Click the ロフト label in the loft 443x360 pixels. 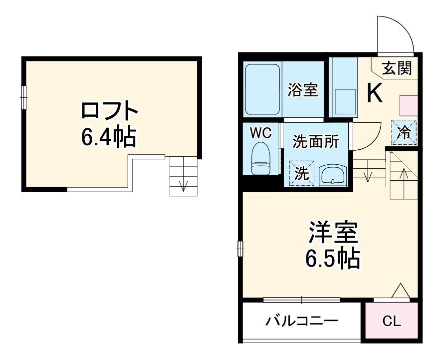click(x=109, y=111)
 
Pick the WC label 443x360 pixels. click(x=260, y=133)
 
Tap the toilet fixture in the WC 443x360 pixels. click(x=260, y=159)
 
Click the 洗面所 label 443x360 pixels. click(x=316, y=142)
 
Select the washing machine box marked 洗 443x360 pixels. click(x=301, y=173)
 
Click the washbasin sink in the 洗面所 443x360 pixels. click(x=332, y=175)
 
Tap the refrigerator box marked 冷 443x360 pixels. click(x=405, y=132)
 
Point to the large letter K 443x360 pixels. click(x=375, y=92)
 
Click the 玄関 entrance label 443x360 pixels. click(x=397, y=68)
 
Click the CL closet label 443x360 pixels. click(x=392, y=321)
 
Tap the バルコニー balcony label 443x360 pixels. click(x=302, y=320)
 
